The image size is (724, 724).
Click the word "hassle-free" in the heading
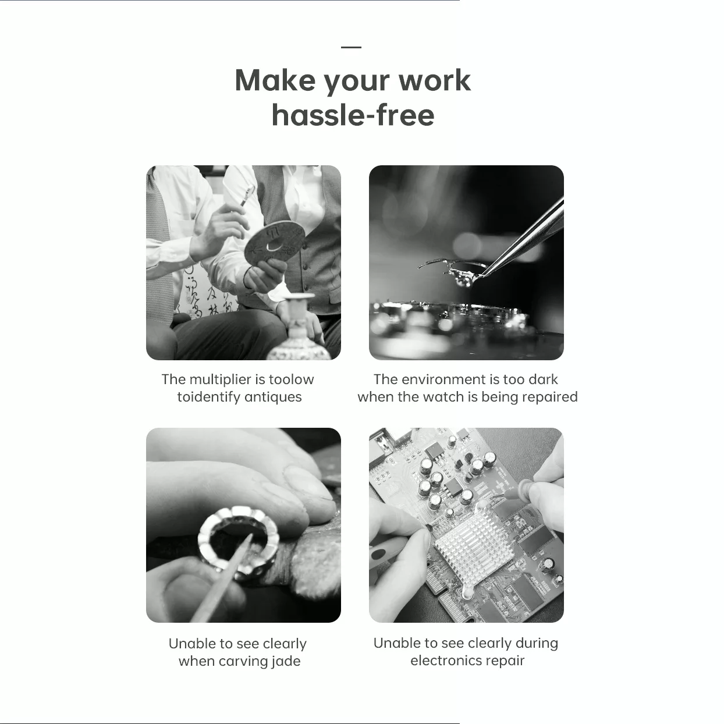pos(353,115)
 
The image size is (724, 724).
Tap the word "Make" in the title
pos(275,80)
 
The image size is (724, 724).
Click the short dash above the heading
pos(352,47)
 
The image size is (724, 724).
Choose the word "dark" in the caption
pos(543,379)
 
